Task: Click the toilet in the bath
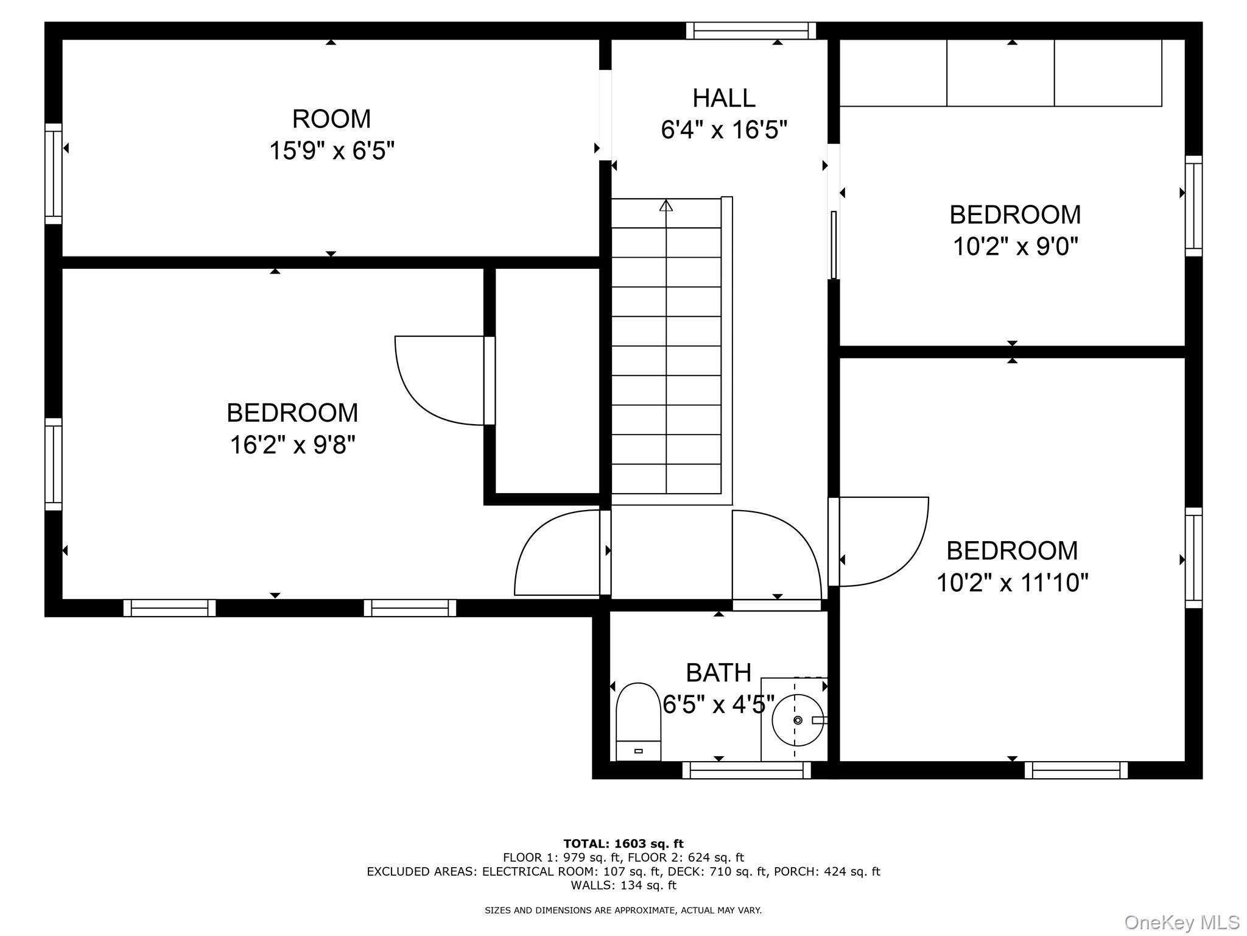(x=638, y=721)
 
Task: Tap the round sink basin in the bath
(x=797, y=720)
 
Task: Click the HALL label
(x=723, y=98)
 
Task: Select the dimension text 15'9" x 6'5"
(x=332, y=151)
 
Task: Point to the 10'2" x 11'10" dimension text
(x=1012, y=583)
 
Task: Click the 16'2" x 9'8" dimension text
(x=292, y=445)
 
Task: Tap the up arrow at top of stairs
(x=666, y=205)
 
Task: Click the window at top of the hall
(x=751, y=30)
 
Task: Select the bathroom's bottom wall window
(x=746, y=770)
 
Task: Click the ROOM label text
(x=331, y=119)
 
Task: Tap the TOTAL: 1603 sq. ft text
(x=623, y=843)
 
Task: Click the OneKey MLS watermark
(x=1181, y=922)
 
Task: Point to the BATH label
(x=718, y=673)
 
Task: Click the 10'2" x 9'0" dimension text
(x=1015, y=247)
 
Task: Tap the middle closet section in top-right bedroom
(x=1000, y=73)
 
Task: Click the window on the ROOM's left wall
(x=54, y=174)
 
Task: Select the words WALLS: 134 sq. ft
(x=623, y=885)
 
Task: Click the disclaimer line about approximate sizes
(x=623, y=910)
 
